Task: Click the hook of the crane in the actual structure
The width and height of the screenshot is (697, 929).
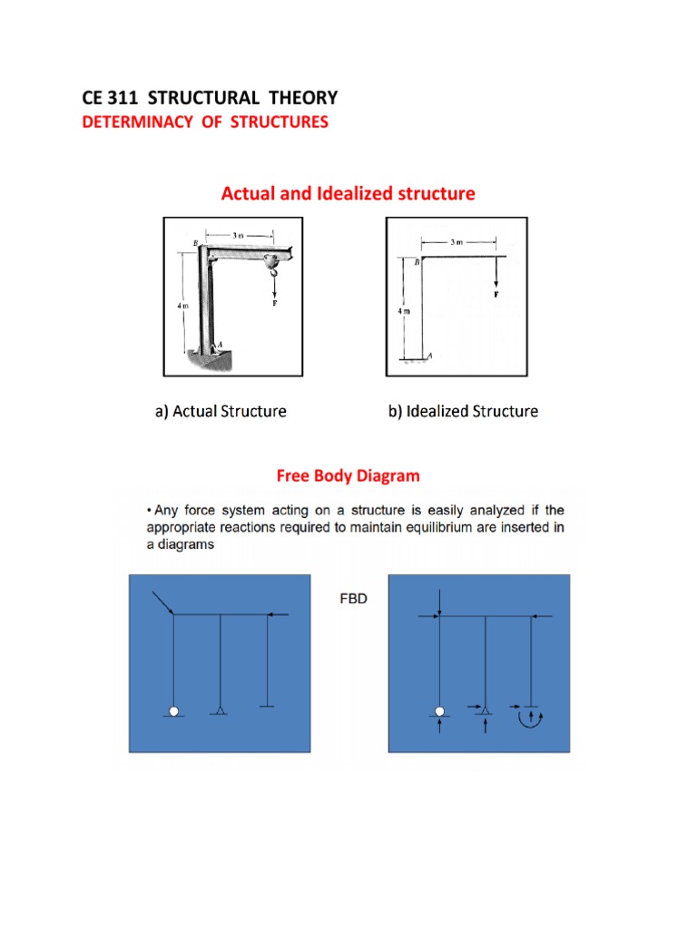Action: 272,266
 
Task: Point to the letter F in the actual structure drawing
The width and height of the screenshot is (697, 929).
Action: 274,301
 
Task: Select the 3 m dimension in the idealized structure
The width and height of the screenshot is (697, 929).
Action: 457,242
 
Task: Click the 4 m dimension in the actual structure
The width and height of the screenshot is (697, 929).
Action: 182,306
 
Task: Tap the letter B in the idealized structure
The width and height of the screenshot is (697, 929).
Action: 416,262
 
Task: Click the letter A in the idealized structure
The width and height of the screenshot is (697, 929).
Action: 429,355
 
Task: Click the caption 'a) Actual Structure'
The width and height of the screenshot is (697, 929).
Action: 221,412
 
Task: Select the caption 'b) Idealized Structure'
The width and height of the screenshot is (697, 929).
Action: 463,412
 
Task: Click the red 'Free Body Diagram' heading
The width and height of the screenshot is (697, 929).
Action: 348,475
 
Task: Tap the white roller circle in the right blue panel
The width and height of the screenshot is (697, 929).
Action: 439,711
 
